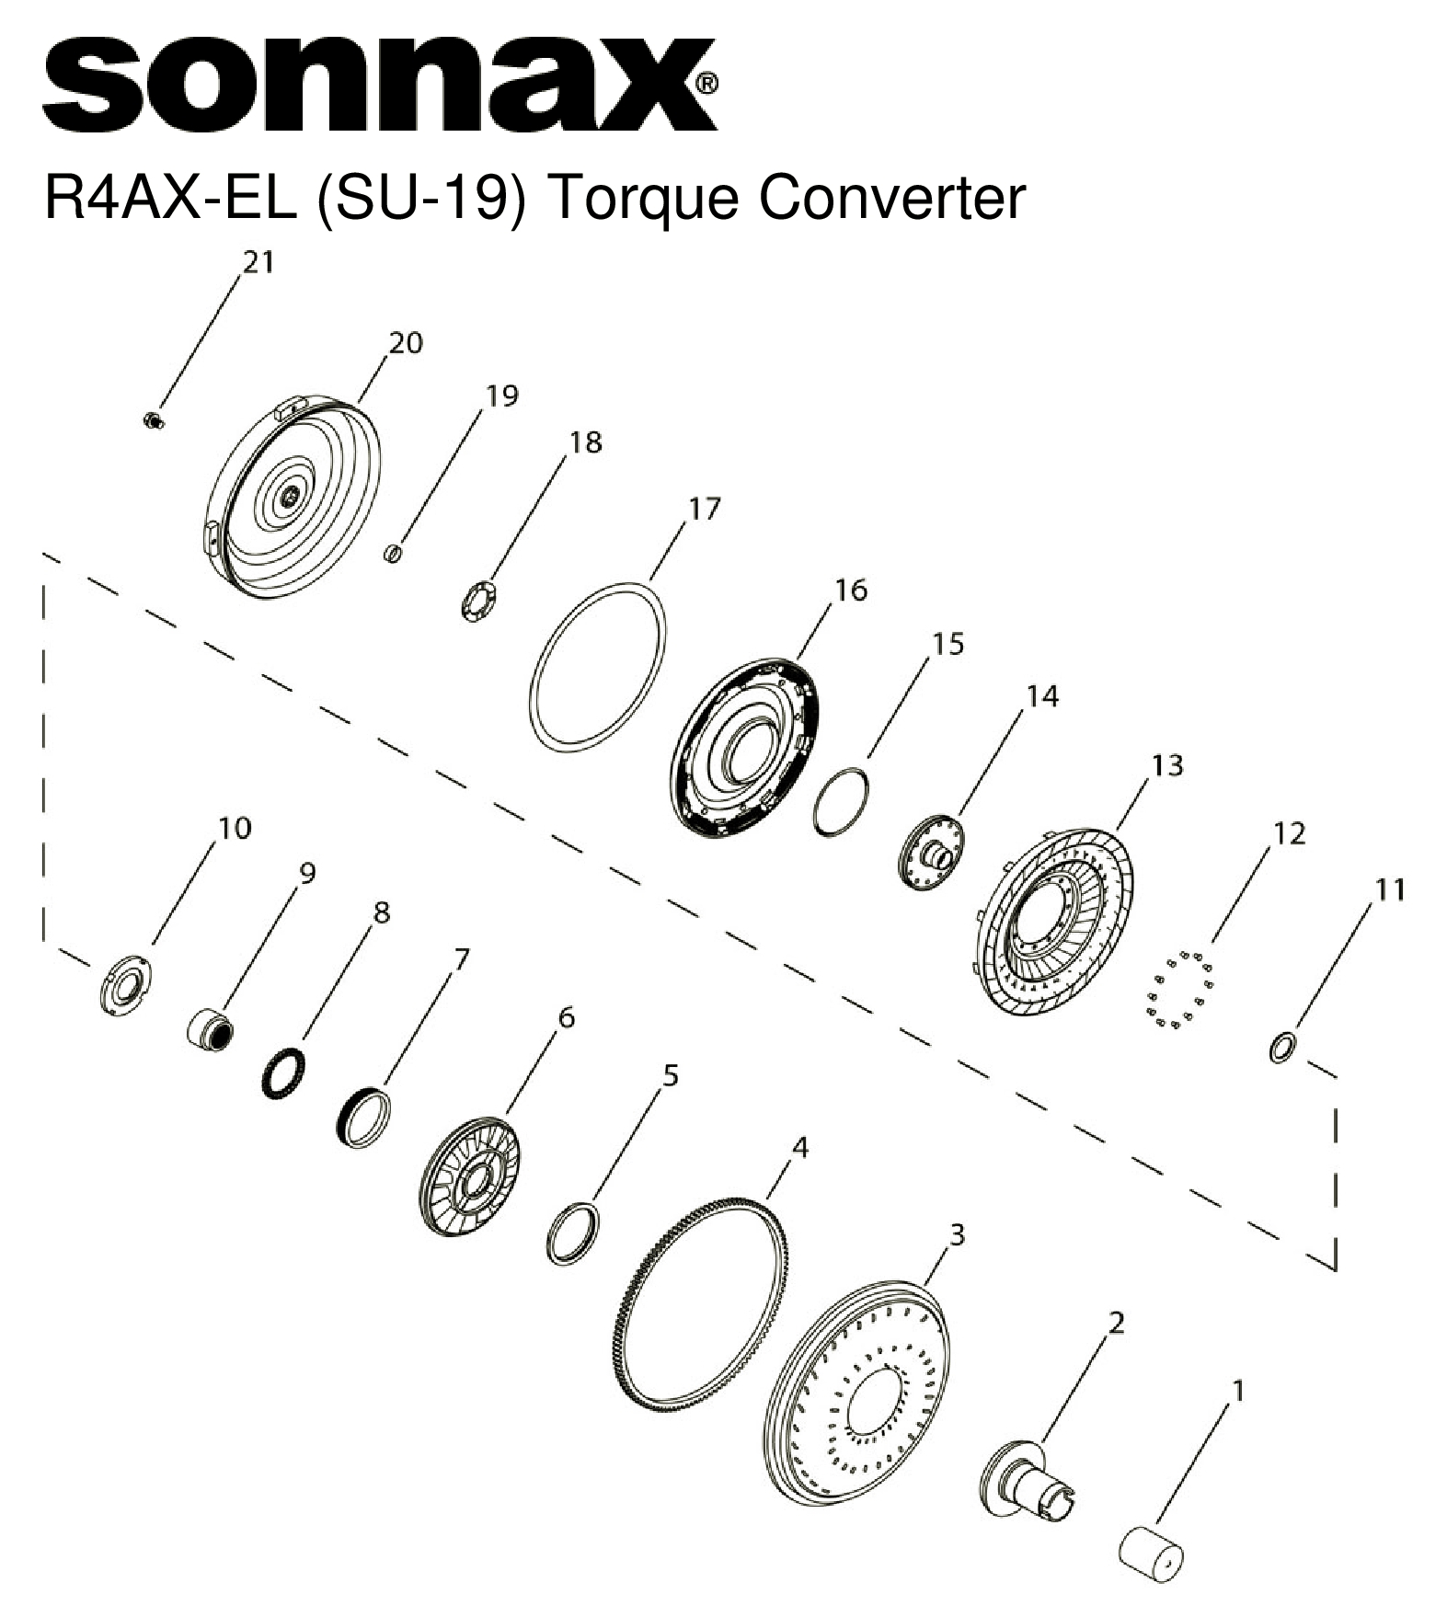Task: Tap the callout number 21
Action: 258,263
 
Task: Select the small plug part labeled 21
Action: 153,421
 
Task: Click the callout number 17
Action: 705,508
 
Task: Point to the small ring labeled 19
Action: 393,554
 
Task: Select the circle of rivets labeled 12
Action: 1180,989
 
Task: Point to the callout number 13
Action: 1166,765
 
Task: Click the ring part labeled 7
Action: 363,1116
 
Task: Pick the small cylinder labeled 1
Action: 1151,1554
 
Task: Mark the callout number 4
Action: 800,1147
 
